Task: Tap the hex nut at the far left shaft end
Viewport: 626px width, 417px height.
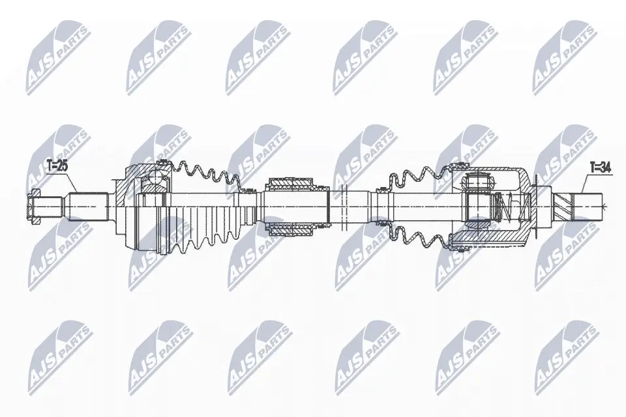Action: [35, 207]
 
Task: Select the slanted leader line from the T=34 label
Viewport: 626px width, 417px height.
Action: [584, 183]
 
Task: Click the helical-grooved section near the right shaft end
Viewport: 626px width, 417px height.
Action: [563, 207]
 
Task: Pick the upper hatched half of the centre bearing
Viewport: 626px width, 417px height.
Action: [290, 184]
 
